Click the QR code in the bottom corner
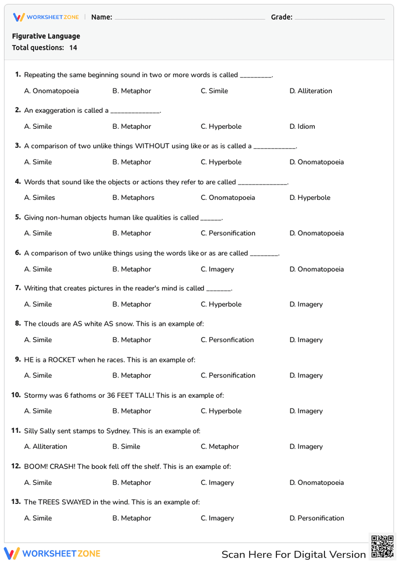[x=382, y=546]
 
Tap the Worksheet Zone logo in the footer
[x=52, y=554]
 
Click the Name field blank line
[x=189, y=18]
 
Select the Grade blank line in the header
[x=339, y=18]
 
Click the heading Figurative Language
[x=46, y=36]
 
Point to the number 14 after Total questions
[x=73, y=48]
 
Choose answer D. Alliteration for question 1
[x=310, y=91]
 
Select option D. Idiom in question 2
[x=302, y=126]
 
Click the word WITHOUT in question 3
[x=152, y=146]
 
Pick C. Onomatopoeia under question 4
[x=228, y=198]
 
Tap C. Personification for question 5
[x=228, y=233]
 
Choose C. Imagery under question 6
[x=217, y=269]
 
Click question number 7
[x=18, y=288]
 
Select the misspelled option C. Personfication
[x=227, y=340]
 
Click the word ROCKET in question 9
[x=62, y=360]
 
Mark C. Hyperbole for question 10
[x=221, y=411]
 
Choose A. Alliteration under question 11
[x=45, y=447]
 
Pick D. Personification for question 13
[x=316, y=518]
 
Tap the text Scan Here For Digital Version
[x=293, y=554]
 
